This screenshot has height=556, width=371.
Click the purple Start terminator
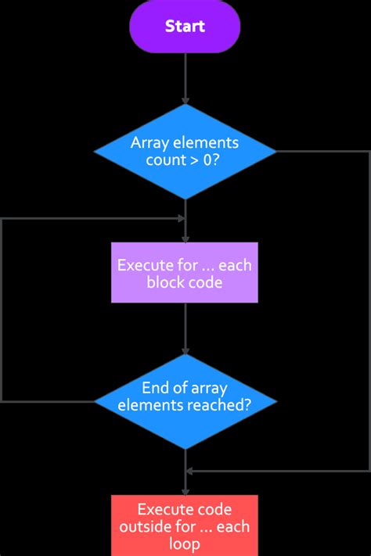[185, 27]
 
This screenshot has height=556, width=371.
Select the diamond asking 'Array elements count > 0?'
[185, 152]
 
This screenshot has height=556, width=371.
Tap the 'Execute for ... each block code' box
[185, 272]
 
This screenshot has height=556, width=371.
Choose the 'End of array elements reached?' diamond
[185, 402]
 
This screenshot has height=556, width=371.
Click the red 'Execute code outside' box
[185, 526]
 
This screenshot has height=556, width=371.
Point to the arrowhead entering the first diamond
[185, 100]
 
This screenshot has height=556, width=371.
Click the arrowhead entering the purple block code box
[185, 239]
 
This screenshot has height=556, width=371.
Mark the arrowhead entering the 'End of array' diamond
[185, 350]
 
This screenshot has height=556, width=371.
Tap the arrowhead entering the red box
[185, 491]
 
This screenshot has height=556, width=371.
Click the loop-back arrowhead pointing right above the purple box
[182, 219]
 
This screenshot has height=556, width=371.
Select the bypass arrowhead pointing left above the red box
[189, 471]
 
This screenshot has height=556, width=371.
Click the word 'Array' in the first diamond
[149, 144]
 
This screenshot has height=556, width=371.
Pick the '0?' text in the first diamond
[211, 160]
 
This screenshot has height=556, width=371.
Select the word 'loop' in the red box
[185, 543]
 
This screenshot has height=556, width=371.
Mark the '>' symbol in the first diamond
[194, 160]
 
